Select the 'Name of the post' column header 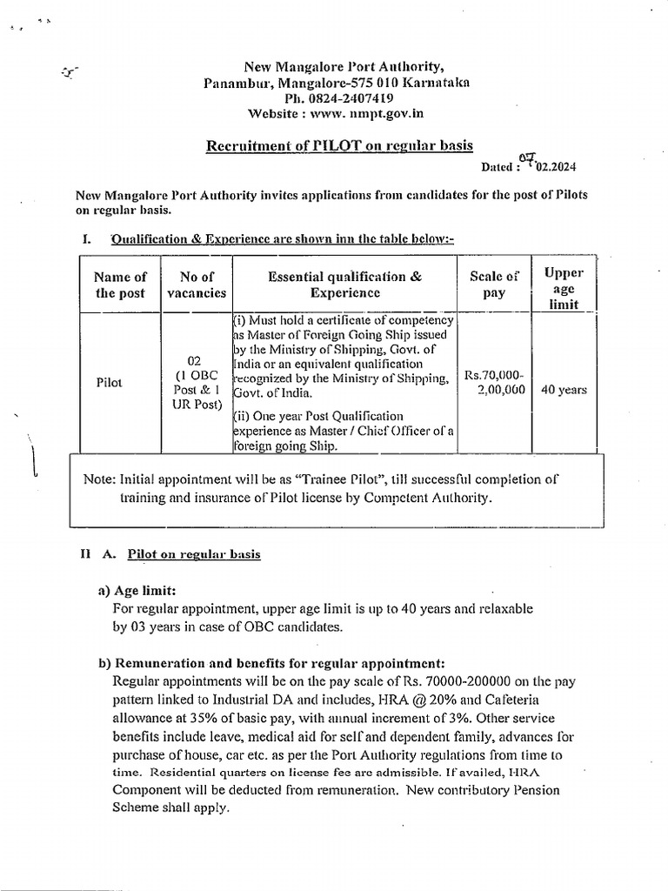click(x=120, y=285)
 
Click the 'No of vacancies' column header click(x=197, y=285)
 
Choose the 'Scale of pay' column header click(x=493, y=285)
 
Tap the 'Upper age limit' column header click(x=563, y=288)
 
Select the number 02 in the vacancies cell click(x=196, y=359)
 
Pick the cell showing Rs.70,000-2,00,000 click(x=494, y=383)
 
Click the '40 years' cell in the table click(x=564, y=390)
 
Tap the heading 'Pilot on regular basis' click(x=193, y=553)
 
